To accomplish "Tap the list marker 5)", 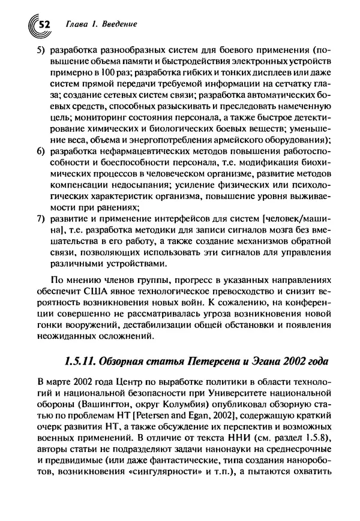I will tap(41, 49).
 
